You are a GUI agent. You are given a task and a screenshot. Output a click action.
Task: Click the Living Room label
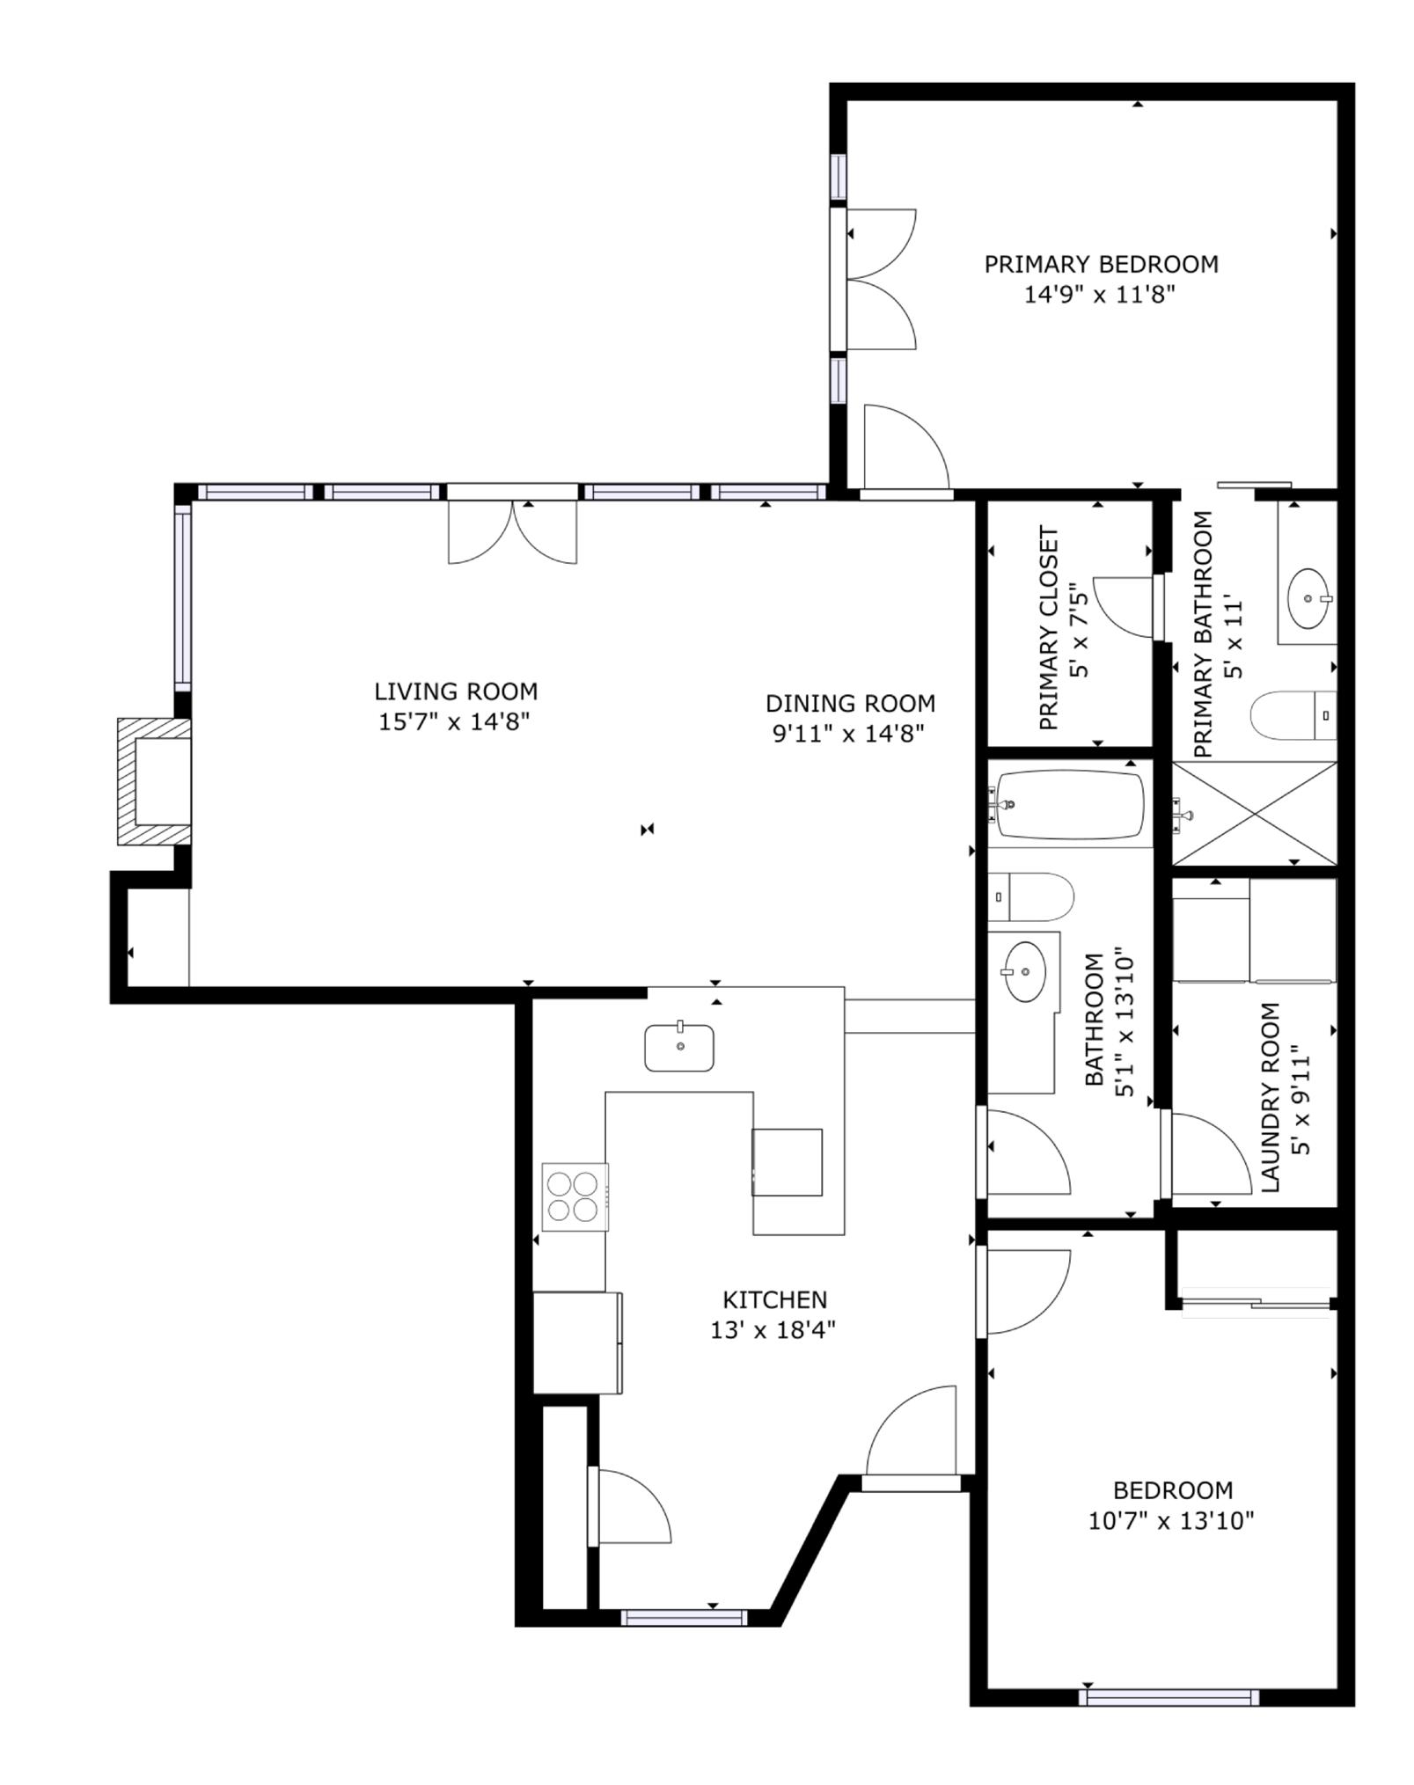pos(456,691)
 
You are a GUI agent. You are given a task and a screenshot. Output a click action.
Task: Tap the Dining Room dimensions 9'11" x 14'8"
pos(848,734)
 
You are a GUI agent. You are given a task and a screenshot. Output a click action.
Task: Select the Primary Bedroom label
pos(1101,264)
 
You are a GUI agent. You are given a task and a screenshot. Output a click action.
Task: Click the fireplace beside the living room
pos(155,781)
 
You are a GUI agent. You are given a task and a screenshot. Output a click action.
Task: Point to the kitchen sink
pos(679,1048)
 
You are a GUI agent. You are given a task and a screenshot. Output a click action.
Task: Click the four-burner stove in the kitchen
pos(575,1196)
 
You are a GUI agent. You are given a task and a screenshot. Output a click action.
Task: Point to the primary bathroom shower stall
pos(1254,813)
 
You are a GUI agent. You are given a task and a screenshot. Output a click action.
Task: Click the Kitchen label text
pos(774,1299)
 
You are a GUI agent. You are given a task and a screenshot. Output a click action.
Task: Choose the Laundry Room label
pos(1271,1097)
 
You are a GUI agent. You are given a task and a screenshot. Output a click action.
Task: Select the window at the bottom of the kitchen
pos(684,1617)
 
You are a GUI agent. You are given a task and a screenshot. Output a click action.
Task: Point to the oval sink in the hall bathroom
pos(1026,971)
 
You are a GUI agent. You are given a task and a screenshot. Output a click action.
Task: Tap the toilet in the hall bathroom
pos(1030,896)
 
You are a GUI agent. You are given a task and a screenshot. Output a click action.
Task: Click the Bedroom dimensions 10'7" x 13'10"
pos(1170,1520)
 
